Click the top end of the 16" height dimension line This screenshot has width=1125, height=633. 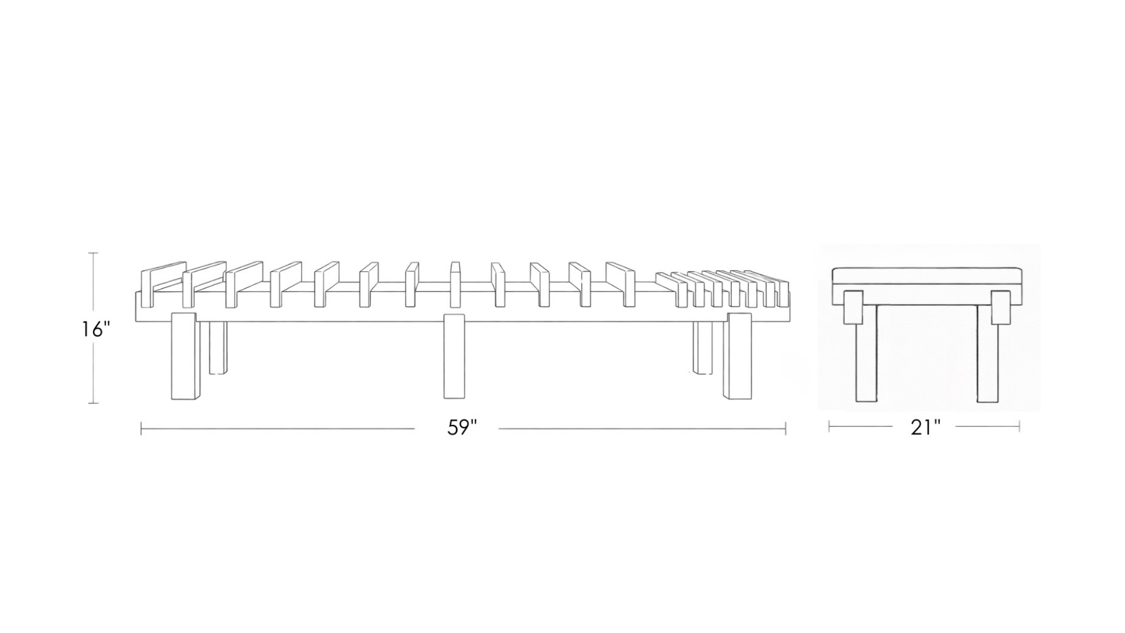click(x=93, y=253)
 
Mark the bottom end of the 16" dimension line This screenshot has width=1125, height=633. click(x=93, y=403)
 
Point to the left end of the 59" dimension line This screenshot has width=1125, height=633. click(x=141, y=429)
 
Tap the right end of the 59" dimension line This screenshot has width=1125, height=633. click(x=786, y=429)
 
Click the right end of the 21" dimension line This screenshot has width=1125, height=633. click(x=1020, y=427)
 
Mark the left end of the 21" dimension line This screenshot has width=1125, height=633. click(x=829, y=427)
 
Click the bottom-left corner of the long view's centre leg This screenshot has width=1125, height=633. click(x=445, y=399)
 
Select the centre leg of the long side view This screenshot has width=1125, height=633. click(x=454, y=356)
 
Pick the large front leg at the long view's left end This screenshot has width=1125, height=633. click(x=185, y=356)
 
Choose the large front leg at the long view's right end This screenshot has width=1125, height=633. click(x=738, y=356)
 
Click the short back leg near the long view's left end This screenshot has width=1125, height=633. click(x=218, y=347)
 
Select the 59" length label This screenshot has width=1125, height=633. click(x=462, y=427)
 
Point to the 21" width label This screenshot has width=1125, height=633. click(x=925, y=427)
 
